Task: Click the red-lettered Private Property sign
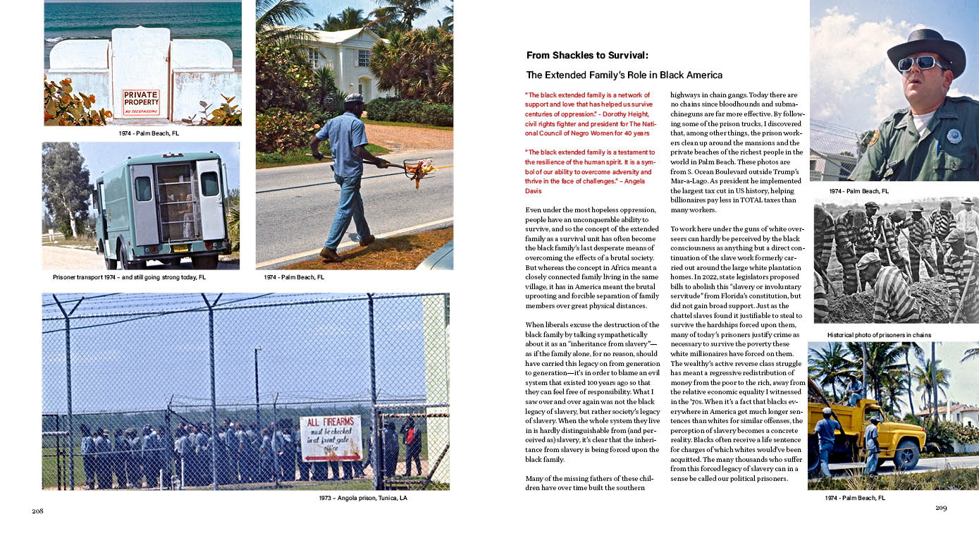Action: [x=141, y=102]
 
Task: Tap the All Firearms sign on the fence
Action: [x=331, y=438]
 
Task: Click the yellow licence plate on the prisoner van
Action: [x=180, y=248]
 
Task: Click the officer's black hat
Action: [x=926, y=47]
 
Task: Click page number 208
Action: [x=37, y=511]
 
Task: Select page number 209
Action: [x=941, y=508]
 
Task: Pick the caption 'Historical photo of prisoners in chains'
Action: [x=879, y=335]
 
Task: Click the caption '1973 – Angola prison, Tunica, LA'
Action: [x=363, y=498]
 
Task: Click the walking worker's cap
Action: [x=354, y=97]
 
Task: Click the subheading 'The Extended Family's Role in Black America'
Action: [x=624, y=75]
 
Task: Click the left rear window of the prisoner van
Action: [x=143, y=188]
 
